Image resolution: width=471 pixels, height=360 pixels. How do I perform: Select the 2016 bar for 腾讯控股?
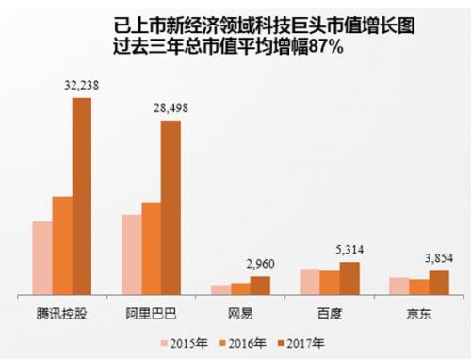[x=62, y=246]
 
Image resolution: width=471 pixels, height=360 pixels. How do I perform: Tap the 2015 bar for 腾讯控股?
[x=42, y=258]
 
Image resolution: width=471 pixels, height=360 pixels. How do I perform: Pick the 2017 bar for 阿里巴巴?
[x=171, y=207]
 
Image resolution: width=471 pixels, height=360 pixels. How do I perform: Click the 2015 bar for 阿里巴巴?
[x=132, y=254]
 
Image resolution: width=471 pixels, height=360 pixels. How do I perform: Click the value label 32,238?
[x=81, y=86]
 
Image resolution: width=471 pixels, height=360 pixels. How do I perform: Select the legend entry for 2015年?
[x=189, y=343]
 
